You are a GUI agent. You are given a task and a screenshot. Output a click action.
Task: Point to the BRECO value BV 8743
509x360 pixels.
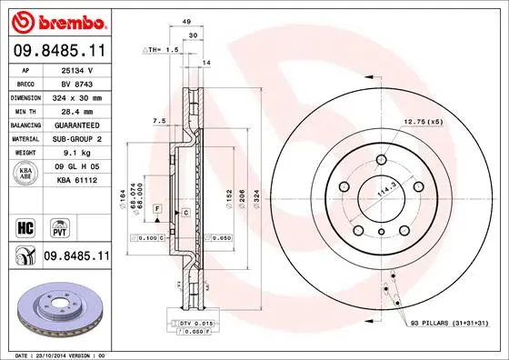click(x=75, y=81)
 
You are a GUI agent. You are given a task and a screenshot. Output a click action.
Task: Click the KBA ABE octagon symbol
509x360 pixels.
click(x=25, y=174)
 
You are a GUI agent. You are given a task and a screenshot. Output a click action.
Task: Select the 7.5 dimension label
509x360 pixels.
click(x=158, y=120)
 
